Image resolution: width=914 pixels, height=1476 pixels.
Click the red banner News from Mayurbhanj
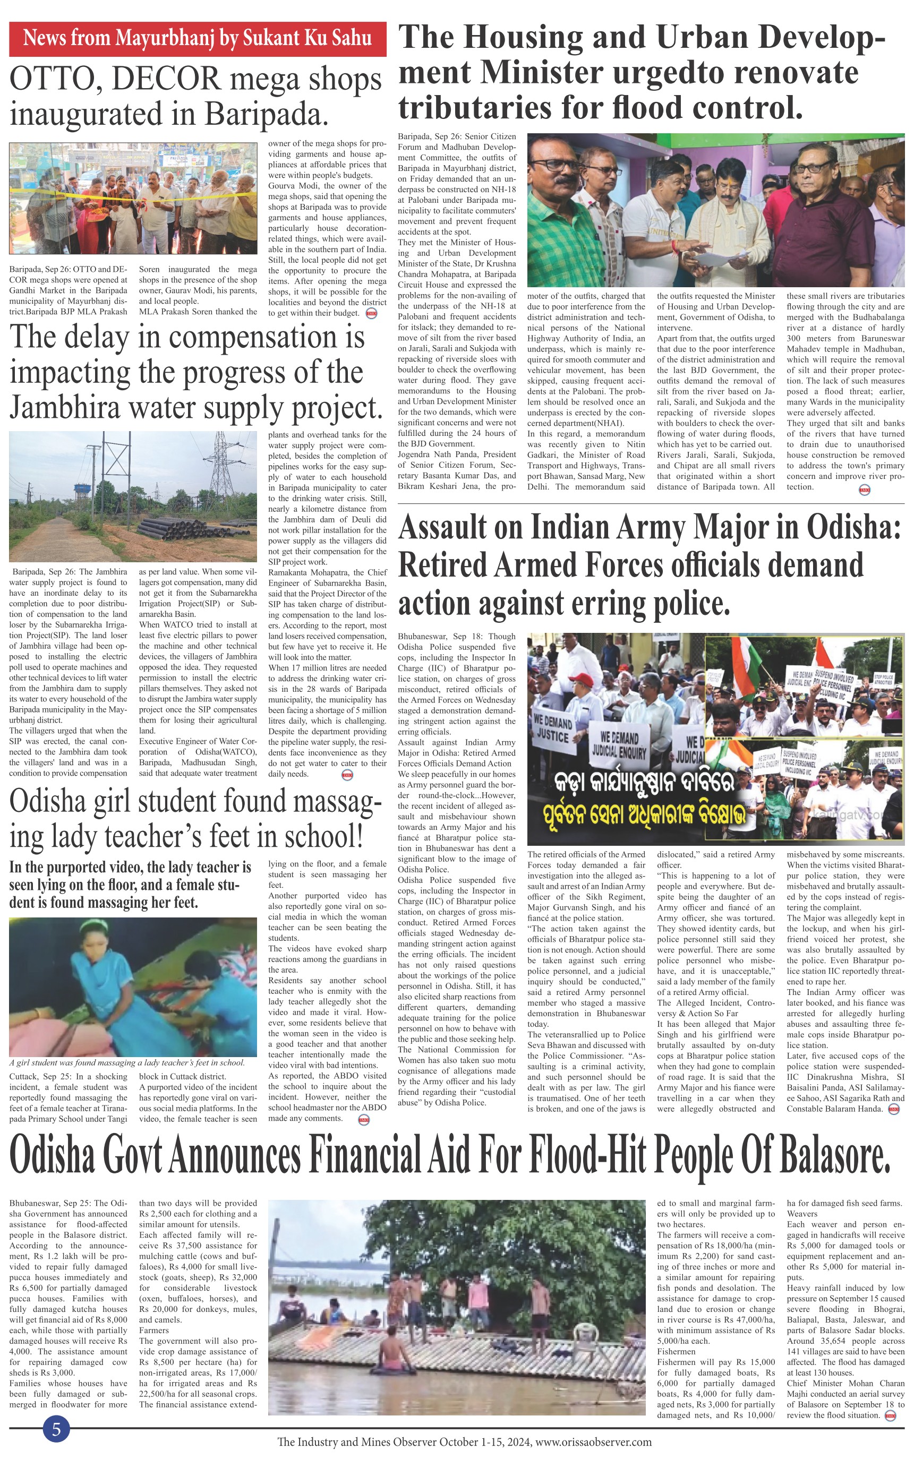(x=197, y=39)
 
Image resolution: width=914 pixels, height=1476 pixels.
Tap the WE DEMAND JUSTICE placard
(x=552, y=728)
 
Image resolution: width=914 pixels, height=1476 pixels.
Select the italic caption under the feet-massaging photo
(x=127, y=1063)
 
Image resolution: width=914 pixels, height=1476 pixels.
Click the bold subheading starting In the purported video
(x=130, y=885)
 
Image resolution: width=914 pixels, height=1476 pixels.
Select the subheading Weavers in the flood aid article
(x=801, y=1214)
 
